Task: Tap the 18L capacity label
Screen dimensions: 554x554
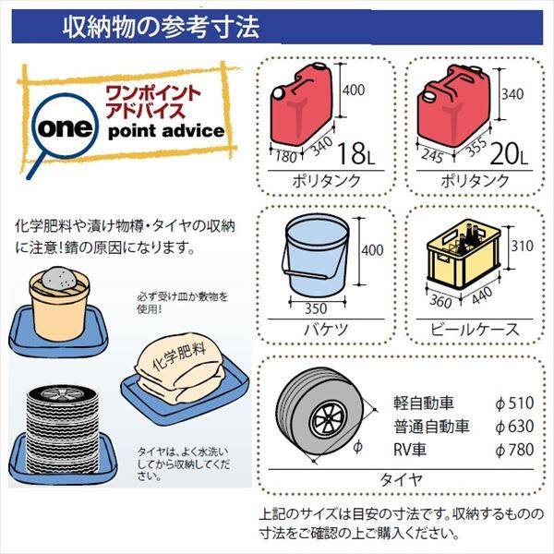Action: [361, 149]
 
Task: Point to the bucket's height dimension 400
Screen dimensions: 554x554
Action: [372, 250]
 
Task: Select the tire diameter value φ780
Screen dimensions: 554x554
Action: [515, 450]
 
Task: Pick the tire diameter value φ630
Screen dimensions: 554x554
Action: [515, 427]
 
